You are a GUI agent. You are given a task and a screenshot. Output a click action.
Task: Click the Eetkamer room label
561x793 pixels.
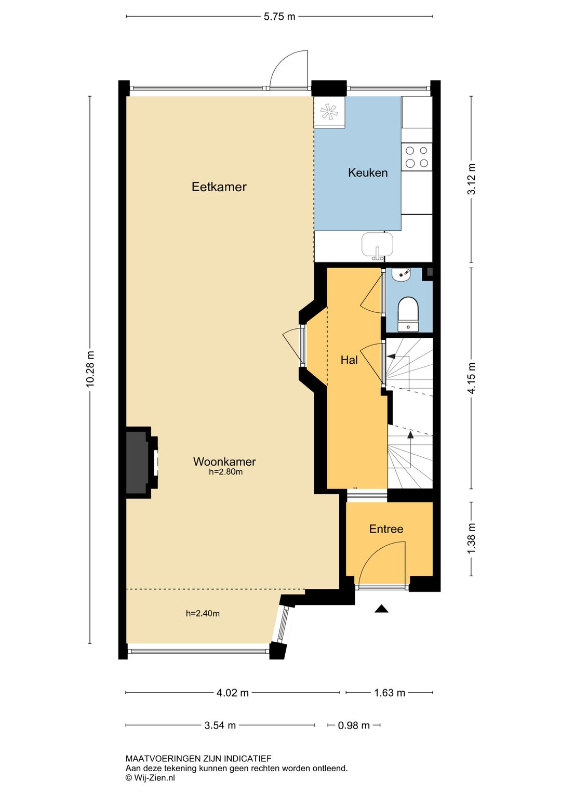(x=219, y=187)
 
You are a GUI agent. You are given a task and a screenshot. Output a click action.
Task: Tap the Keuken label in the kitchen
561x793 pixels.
(x=368, y=173)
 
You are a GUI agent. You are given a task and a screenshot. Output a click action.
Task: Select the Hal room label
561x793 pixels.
(x=349, y=360)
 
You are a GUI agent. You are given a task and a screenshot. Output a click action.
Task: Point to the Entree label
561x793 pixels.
(x=386, y=529)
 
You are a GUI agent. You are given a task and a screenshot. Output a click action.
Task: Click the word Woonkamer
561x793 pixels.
(x=224, y=461)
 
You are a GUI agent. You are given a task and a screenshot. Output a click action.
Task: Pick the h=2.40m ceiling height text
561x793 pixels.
(x=203, y=614)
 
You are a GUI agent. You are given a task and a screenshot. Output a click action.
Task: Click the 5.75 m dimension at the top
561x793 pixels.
(x=279, y=17)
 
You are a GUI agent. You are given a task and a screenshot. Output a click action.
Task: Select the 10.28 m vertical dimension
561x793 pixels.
(x=90, y=369)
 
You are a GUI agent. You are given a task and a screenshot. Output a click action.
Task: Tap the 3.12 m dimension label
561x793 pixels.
(x=472, y=179)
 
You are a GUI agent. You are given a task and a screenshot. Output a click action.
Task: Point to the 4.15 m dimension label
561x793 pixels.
(x=472, y=378)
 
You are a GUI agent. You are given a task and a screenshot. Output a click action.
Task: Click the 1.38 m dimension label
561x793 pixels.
(x=472, y=539)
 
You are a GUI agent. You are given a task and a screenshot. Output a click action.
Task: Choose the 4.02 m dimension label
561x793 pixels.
(x=233, y=693)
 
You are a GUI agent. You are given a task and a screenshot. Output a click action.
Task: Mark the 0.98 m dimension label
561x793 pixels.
(x=354, y=725)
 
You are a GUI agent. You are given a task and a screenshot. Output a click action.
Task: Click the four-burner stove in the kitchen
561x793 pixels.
(x=417, y=157)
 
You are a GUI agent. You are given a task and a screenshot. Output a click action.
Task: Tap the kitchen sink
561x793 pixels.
(x=377, y=245)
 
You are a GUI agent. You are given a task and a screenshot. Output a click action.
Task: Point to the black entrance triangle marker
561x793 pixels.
(x=382, y=609)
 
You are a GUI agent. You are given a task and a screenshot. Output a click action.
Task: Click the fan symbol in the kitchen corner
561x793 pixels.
(x=329, y=112)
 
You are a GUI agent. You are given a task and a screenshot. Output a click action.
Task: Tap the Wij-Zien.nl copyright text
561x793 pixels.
(x=150, y=778)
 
